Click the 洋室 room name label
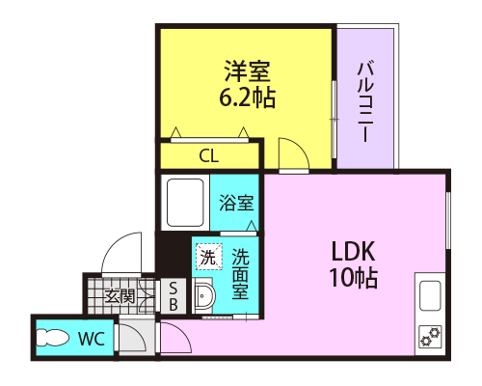coord(247,71)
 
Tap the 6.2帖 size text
coord(247,97)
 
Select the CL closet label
coord(209,156)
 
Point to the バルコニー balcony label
coord(365,101)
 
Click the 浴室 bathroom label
coord(236,203)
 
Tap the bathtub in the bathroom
coord(185,203)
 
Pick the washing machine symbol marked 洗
coord(209,257)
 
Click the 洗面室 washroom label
coord(240,274)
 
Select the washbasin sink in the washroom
coord(204,295)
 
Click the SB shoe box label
coord(174,296)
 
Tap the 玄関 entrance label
coord(120,296)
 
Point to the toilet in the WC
coord(52,338)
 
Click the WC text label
coord(92,338)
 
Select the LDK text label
coord(353,251)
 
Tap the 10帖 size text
coord(353,278)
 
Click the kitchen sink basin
coord(430,295)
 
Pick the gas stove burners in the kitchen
coord(430,337)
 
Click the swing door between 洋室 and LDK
coord(294,153)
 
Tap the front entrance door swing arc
coord(120,253)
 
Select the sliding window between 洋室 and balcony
coord(334,120)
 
